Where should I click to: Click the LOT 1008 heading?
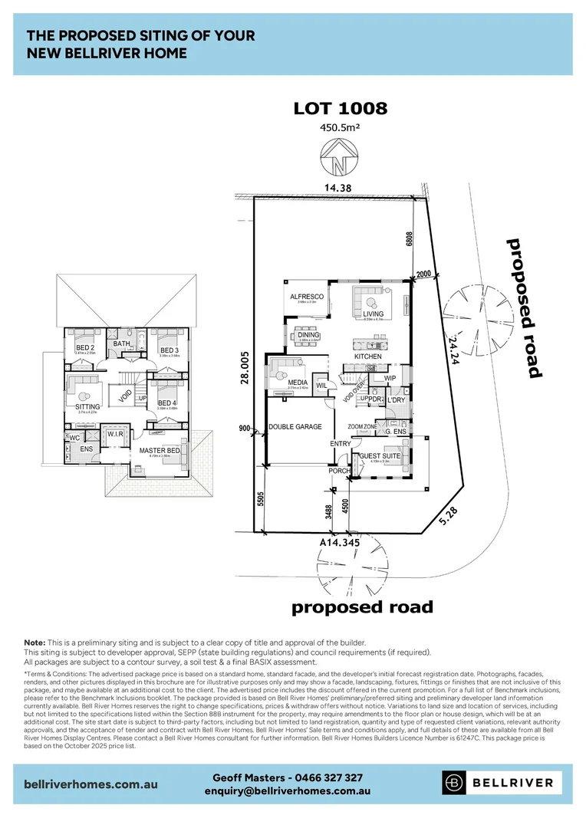(x=341, y=108)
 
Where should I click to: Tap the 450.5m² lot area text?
(x=341, y=128)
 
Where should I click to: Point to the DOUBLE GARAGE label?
(x=295, y=426)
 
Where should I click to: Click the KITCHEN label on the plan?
(x=368, y=357)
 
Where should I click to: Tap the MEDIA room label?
(x=298, y=382)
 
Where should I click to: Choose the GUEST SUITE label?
(x=380, y=457)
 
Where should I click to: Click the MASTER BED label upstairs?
(x=160, y=450)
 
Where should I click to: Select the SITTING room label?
(x=88, y=406)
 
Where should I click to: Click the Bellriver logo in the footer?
(x=502, y=783)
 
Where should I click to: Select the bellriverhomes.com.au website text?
(x=91, y=784)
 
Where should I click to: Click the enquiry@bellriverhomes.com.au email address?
(x=288, y=790)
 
